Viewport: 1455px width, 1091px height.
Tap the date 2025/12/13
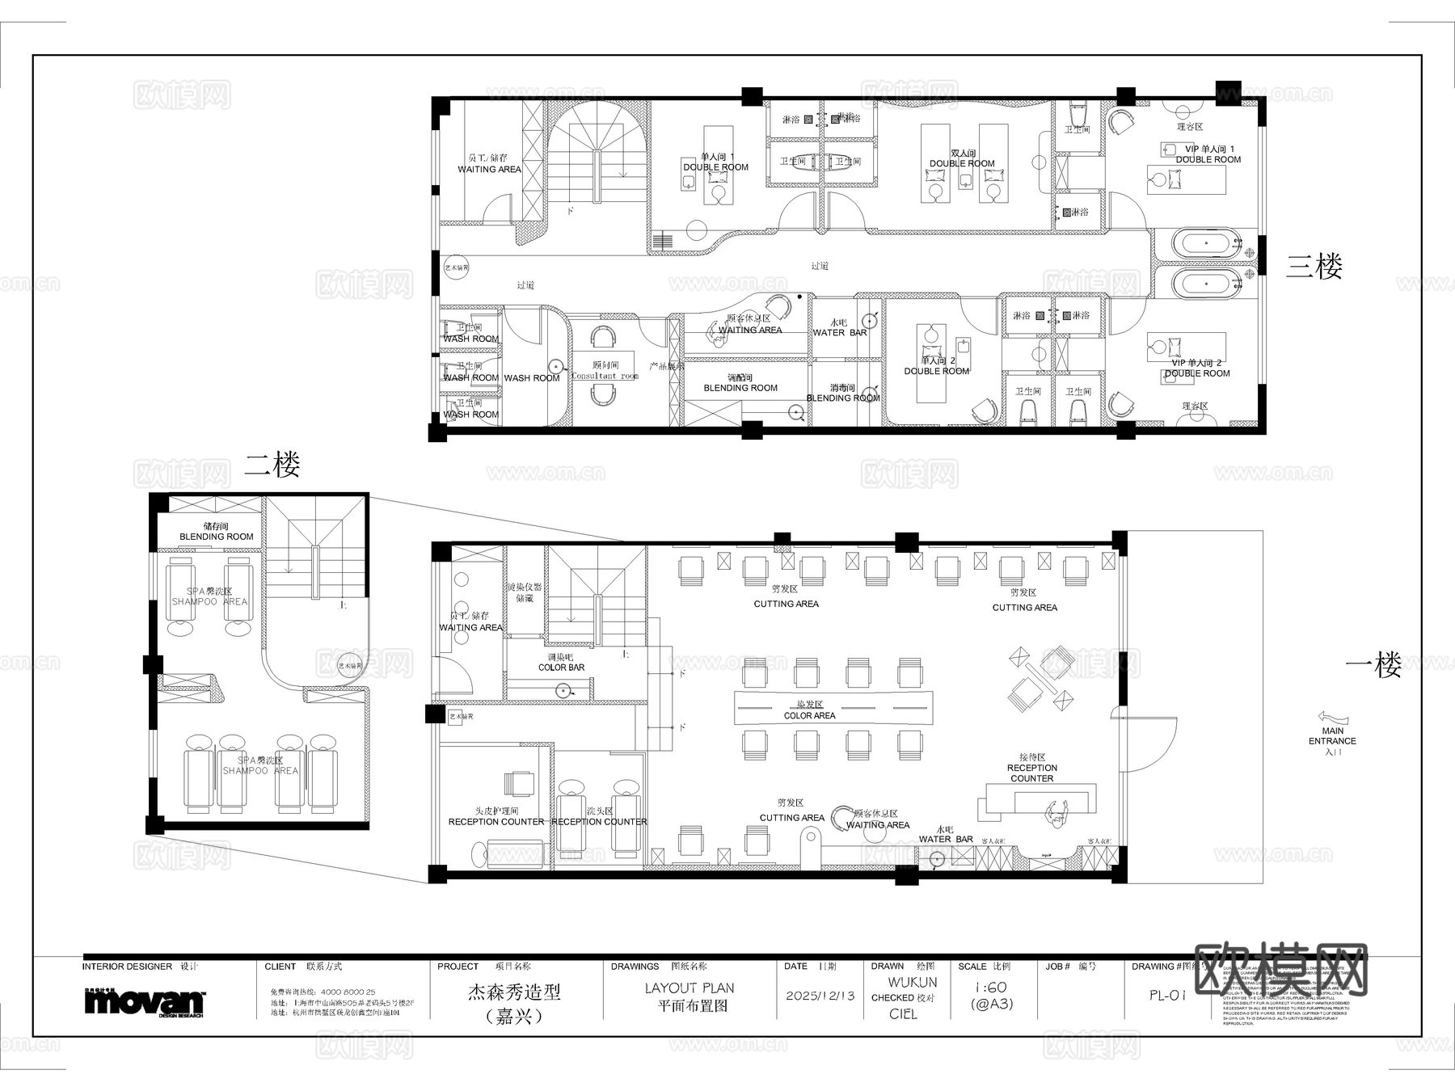tap(820, 995)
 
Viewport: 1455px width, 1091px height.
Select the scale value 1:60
tap(990, 988)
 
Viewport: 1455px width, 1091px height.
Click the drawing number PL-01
tap(1167, 996)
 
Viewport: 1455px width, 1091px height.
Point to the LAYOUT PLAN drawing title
tap(690, 988)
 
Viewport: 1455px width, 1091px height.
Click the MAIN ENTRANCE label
tap(1332, 735)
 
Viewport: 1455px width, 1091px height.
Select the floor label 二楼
tap(272, 465)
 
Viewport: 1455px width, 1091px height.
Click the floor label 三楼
tap(1314, 267)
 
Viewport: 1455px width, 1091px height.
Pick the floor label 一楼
tap(1373, 666)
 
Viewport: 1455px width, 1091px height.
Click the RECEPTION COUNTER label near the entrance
tap(1031, 773)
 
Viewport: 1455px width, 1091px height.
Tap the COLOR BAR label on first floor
tap(561, 668)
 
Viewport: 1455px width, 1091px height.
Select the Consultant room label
tap(605, 376)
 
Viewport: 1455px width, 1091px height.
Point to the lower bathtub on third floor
tap(1205, 283)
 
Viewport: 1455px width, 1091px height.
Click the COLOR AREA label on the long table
tap(809, 715)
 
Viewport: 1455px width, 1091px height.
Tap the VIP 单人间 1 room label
tap(1208, 149)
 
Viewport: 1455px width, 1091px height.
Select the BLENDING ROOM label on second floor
tap(216, 537)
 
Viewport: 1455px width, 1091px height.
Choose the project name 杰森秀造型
tap(513, 992)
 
